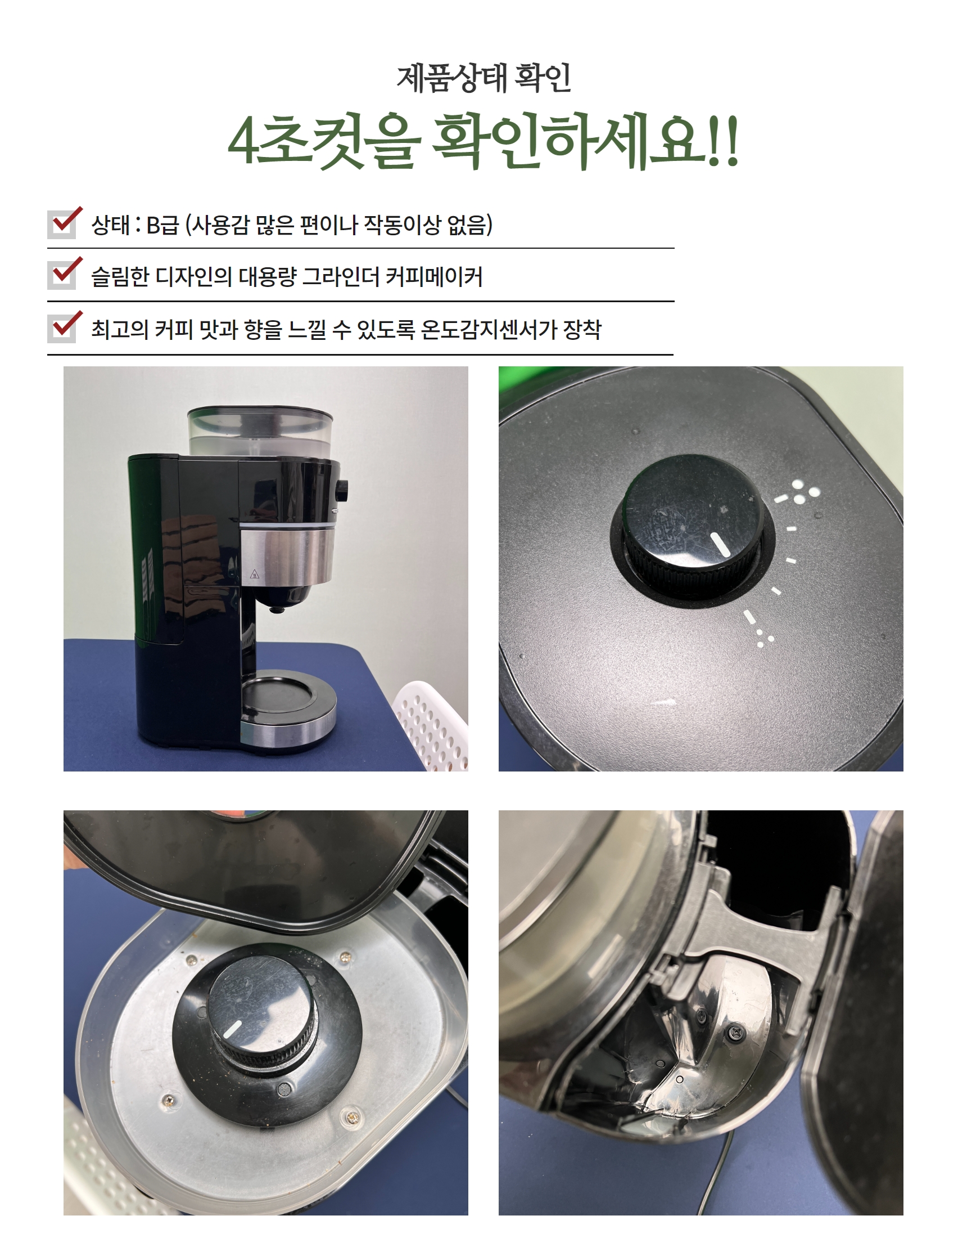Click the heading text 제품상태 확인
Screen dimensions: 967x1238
pos(483,78)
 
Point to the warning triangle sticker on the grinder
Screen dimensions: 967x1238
pos(255,574)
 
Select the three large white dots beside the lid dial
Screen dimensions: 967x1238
pos(805,491)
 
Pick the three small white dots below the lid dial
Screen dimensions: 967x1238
pos(765,638)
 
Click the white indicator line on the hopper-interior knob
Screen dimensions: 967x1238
pos(232,1029)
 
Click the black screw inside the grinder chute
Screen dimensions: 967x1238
pos(736,1032)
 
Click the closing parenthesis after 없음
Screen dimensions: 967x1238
pos(490,225)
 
